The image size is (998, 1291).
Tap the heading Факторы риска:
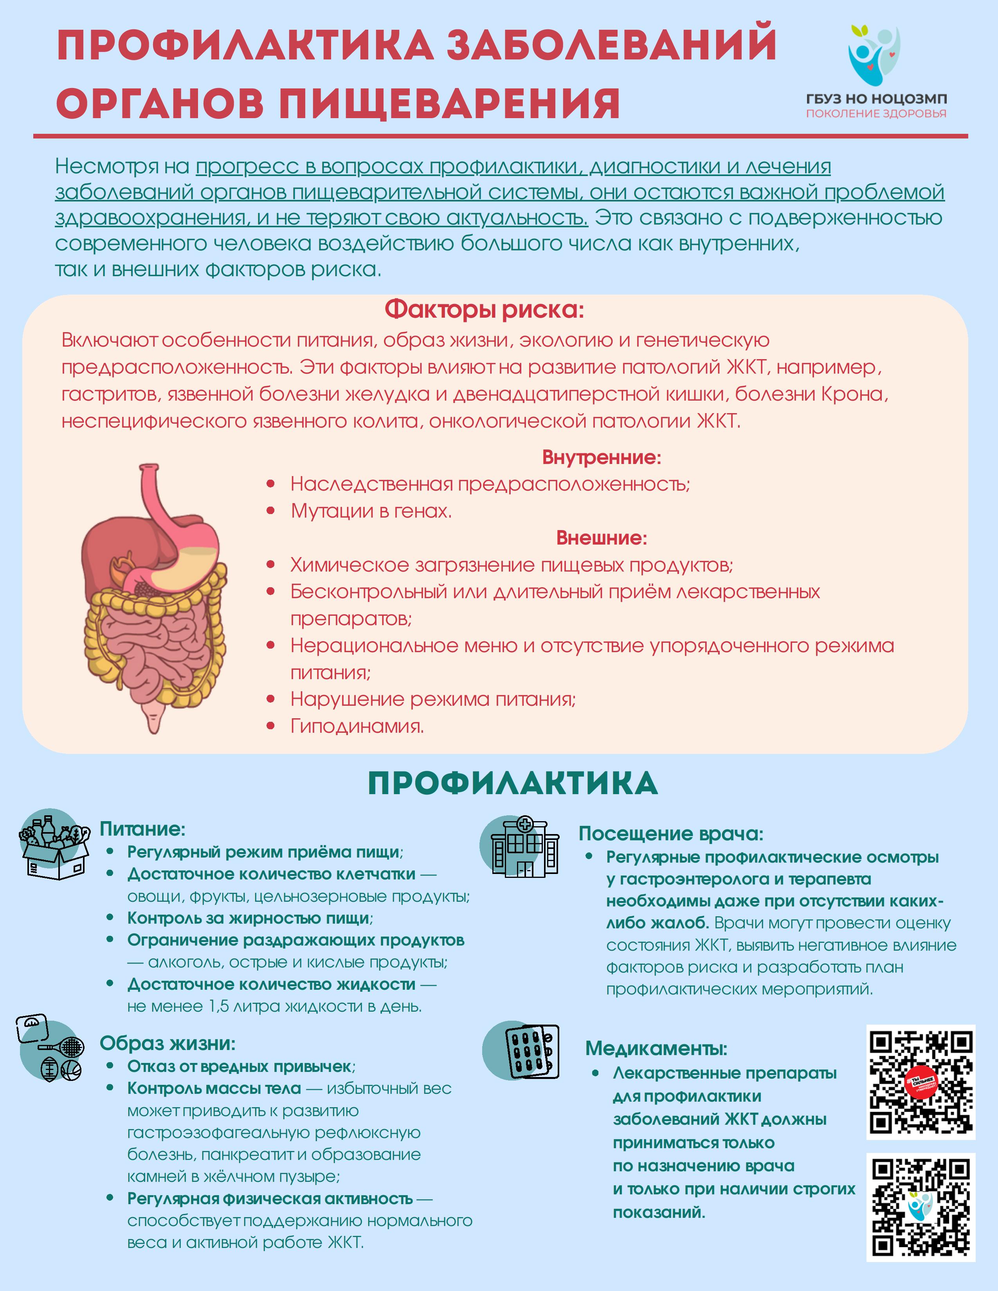coord(484,309)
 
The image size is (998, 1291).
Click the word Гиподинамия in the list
coord(357,726)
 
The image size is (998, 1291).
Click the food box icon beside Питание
coord(54,845)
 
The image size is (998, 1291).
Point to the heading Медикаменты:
coord(656,1048)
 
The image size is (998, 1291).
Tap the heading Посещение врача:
coord(670,833)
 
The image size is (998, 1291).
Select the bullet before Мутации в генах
coord(271,511)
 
